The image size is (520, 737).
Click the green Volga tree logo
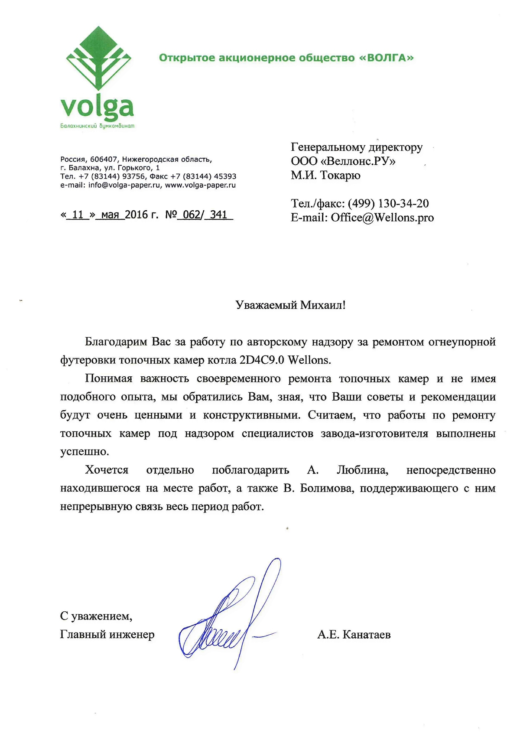(x=98, y=61)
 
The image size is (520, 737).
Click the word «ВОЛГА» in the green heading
(x=387, y=58)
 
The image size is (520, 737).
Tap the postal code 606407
(x=104, y=160)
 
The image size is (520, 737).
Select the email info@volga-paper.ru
(x=125, y=185)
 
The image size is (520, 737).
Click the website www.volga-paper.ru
(x=200, y=185)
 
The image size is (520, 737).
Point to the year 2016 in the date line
(x=136, y=215)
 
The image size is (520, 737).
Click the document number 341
(x=219, y=215)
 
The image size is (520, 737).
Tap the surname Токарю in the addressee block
(x=340, y=175)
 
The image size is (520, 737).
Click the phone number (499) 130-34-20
(x=388, y=203)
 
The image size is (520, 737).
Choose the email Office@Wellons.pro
(x=382, y=218)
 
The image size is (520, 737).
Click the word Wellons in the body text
(x=309, y=360)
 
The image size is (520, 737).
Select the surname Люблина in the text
(x=362, y=470)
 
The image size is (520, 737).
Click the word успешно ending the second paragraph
(x=84, y=452)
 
